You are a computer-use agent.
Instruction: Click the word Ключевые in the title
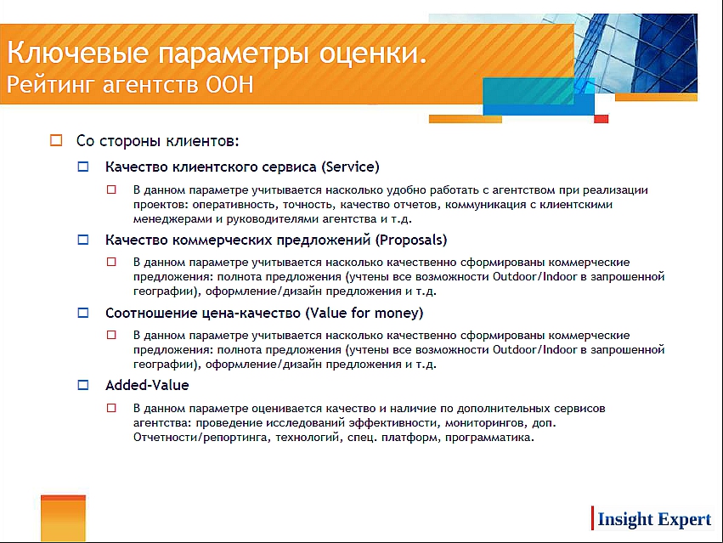[78, 53]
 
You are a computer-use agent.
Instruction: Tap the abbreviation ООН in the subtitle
[229, 84]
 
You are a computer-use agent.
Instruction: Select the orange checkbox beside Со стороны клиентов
[56, 140]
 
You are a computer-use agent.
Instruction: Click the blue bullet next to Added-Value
[83, 385]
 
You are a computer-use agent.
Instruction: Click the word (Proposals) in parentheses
[411, 240]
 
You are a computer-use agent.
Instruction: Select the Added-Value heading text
[147, 385]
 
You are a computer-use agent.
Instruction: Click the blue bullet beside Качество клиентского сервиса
[83, 167]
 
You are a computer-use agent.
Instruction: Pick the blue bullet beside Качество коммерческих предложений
[83, 240]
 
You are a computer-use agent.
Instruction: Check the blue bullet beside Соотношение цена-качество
[83, 313]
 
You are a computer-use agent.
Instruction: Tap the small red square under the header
[601, 119]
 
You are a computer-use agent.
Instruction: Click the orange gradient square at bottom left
[63, 518]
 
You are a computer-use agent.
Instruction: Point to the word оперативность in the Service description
[235, 205]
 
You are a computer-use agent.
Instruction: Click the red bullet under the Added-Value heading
[111, 408]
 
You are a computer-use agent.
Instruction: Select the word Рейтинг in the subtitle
[50, 85]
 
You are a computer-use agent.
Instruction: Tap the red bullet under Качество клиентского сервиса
[111, 189]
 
